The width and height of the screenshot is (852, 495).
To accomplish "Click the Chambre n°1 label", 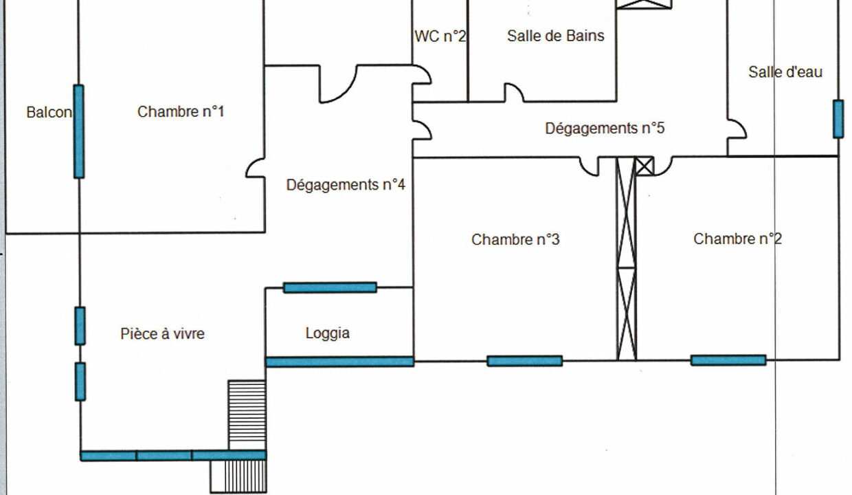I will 181,111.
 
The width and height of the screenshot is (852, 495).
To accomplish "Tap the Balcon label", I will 49,112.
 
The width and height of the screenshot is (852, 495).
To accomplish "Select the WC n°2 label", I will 440,36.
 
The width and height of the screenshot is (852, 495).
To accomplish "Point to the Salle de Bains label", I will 556,36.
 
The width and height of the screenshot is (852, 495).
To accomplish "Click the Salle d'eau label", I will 785,71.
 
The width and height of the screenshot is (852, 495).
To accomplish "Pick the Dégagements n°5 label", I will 605,128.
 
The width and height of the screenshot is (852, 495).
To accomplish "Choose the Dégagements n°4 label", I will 345,184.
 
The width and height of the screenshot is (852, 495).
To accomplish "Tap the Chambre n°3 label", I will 515,239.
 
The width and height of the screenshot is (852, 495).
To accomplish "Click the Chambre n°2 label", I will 737,239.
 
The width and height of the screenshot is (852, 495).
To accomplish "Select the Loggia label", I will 328,333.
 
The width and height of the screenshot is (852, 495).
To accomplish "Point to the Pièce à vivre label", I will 163,334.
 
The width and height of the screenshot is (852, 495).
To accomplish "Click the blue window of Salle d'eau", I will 838,119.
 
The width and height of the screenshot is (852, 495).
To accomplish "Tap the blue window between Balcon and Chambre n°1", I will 79,131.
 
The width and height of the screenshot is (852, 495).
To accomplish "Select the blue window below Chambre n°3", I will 525,360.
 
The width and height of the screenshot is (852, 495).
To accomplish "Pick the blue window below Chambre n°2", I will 728,360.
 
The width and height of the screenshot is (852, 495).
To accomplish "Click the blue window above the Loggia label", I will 330,287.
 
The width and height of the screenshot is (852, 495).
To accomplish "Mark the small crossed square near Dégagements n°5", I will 644,166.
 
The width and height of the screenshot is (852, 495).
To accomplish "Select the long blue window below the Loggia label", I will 340,362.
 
